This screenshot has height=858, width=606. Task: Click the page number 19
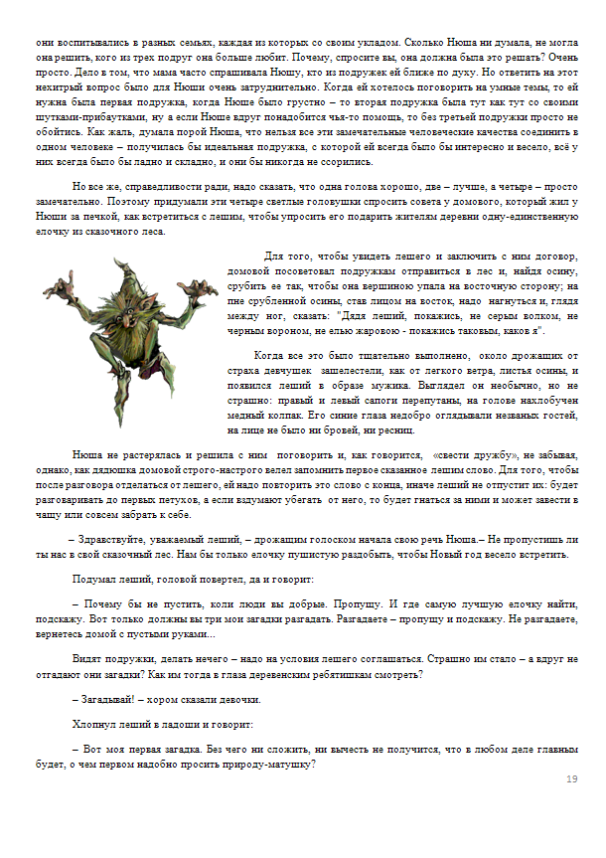[571, 778]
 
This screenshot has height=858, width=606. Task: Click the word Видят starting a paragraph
[86, 658]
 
